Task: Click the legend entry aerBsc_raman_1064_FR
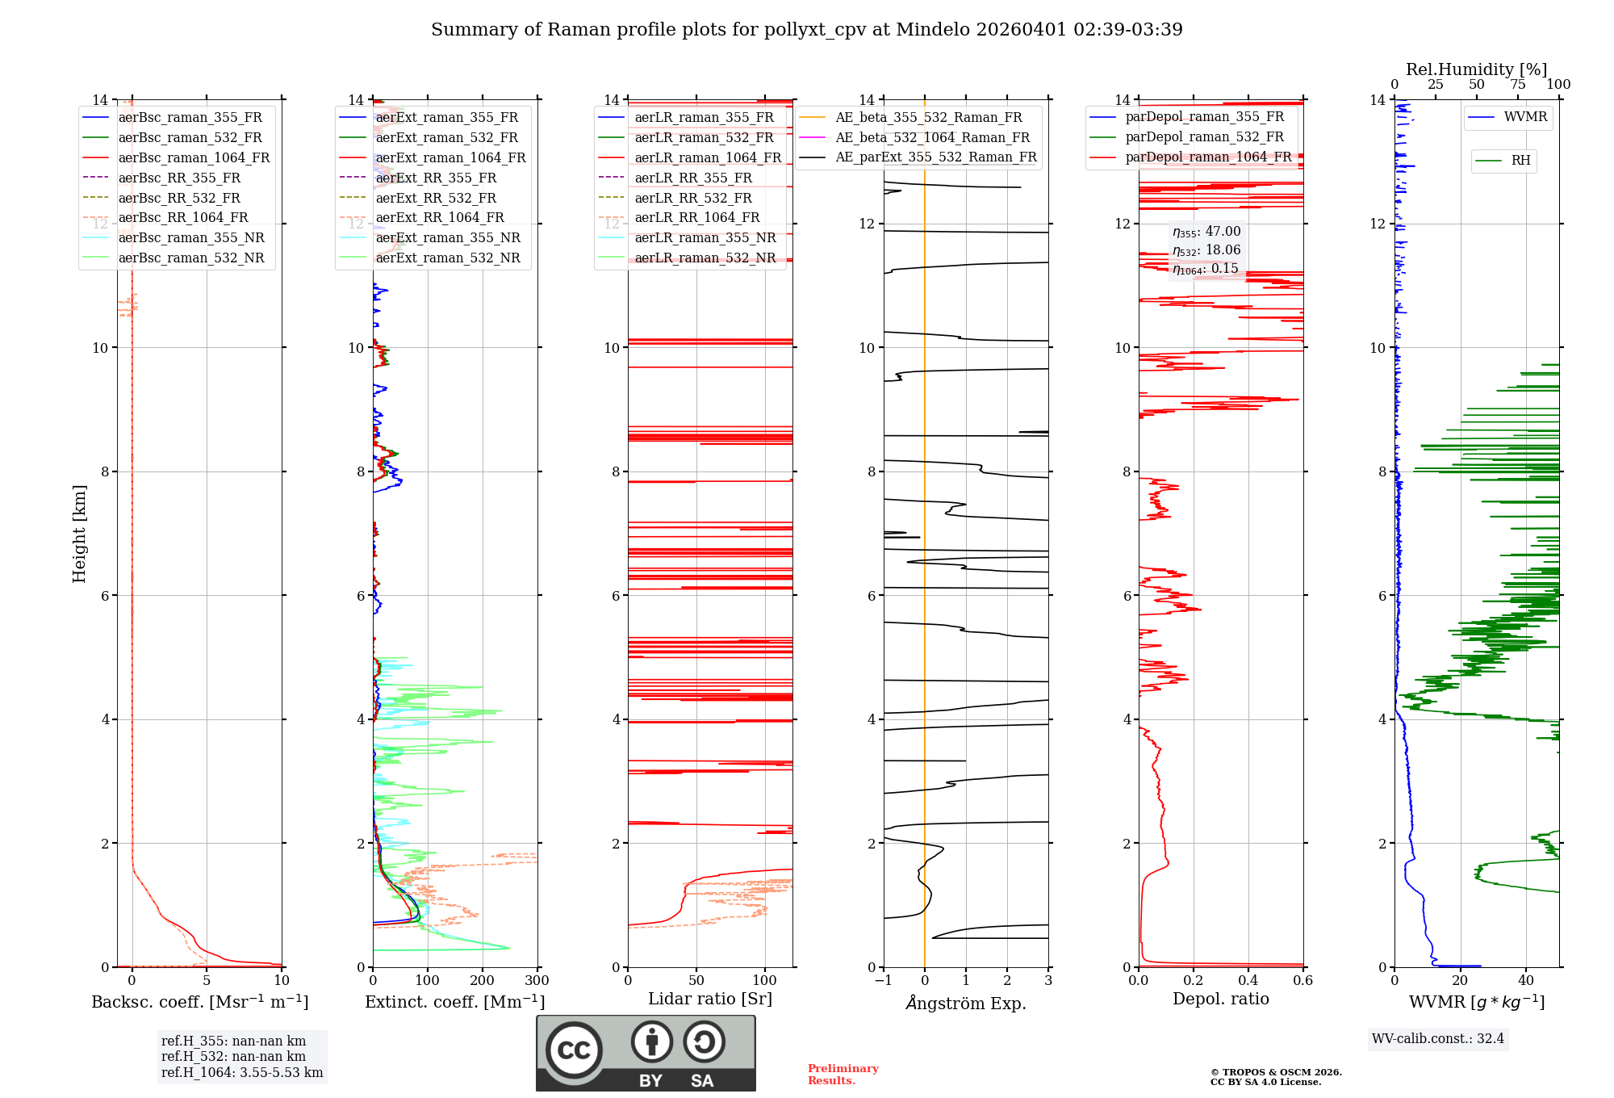194,157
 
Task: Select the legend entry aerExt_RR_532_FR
436,198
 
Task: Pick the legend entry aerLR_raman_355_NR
705,237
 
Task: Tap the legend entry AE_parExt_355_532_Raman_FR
935,157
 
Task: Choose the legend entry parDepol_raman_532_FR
1204,137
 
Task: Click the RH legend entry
1520,161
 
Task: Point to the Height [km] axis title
79,533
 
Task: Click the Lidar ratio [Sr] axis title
710,999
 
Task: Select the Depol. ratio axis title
1220,999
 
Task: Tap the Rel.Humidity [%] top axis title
1476,69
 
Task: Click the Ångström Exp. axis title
966,1003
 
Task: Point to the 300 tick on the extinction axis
537,980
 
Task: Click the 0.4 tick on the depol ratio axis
1248,980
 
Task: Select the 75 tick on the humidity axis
1518,84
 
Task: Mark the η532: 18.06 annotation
1206,250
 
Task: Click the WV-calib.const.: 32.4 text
1438,1038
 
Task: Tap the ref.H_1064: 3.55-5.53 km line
242,1072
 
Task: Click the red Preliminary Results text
843,1074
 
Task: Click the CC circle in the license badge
574,1050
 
